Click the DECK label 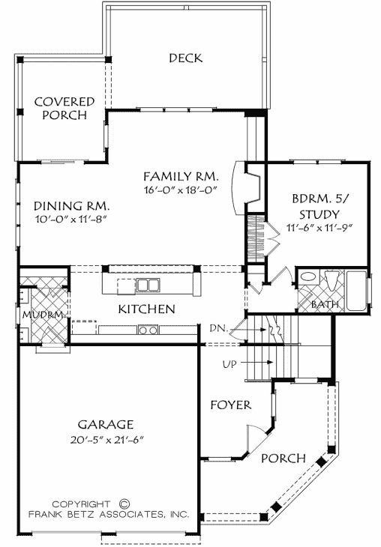pos(185,58)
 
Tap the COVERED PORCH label pos(64,108)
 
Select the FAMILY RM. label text pos(181,176)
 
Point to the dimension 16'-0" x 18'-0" pos(181,190)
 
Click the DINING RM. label pos(73,205)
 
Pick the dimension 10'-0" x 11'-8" pos(72,219)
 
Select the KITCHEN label pos(146,309)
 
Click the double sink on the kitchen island pos(148,285)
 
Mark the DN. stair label pos(239,327)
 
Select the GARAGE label pos(109,423)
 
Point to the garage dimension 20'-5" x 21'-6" pos(109,438)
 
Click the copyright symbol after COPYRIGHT pos(125,504)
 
